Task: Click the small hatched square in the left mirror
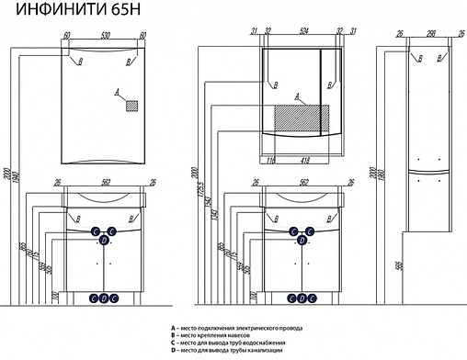point(131,105)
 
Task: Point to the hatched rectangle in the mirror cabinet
point(301,118)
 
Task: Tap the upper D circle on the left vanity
point(103,241)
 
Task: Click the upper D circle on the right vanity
point(299,241)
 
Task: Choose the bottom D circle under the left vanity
point(103,298)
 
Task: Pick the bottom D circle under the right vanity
point(299,298)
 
